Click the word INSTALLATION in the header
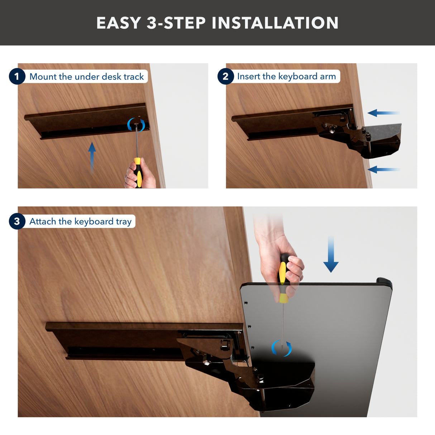click(275, 23)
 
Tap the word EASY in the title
click(119, 23)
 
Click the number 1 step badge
click(17, 76)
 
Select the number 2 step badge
click(225, 76)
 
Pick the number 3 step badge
click(17, 221)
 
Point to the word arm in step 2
click(328, 76)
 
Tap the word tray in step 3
click(124, 222)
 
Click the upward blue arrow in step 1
click(92, 156)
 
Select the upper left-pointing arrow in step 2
click(383, 113)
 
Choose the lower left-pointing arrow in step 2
click(383, 169)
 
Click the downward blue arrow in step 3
click(331, 254)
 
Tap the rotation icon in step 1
click(136, 125)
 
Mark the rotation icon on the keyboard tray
click(281, 348)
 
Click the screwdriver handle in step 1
click(138, 172)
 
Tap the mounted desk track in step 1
click(86, 122)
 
